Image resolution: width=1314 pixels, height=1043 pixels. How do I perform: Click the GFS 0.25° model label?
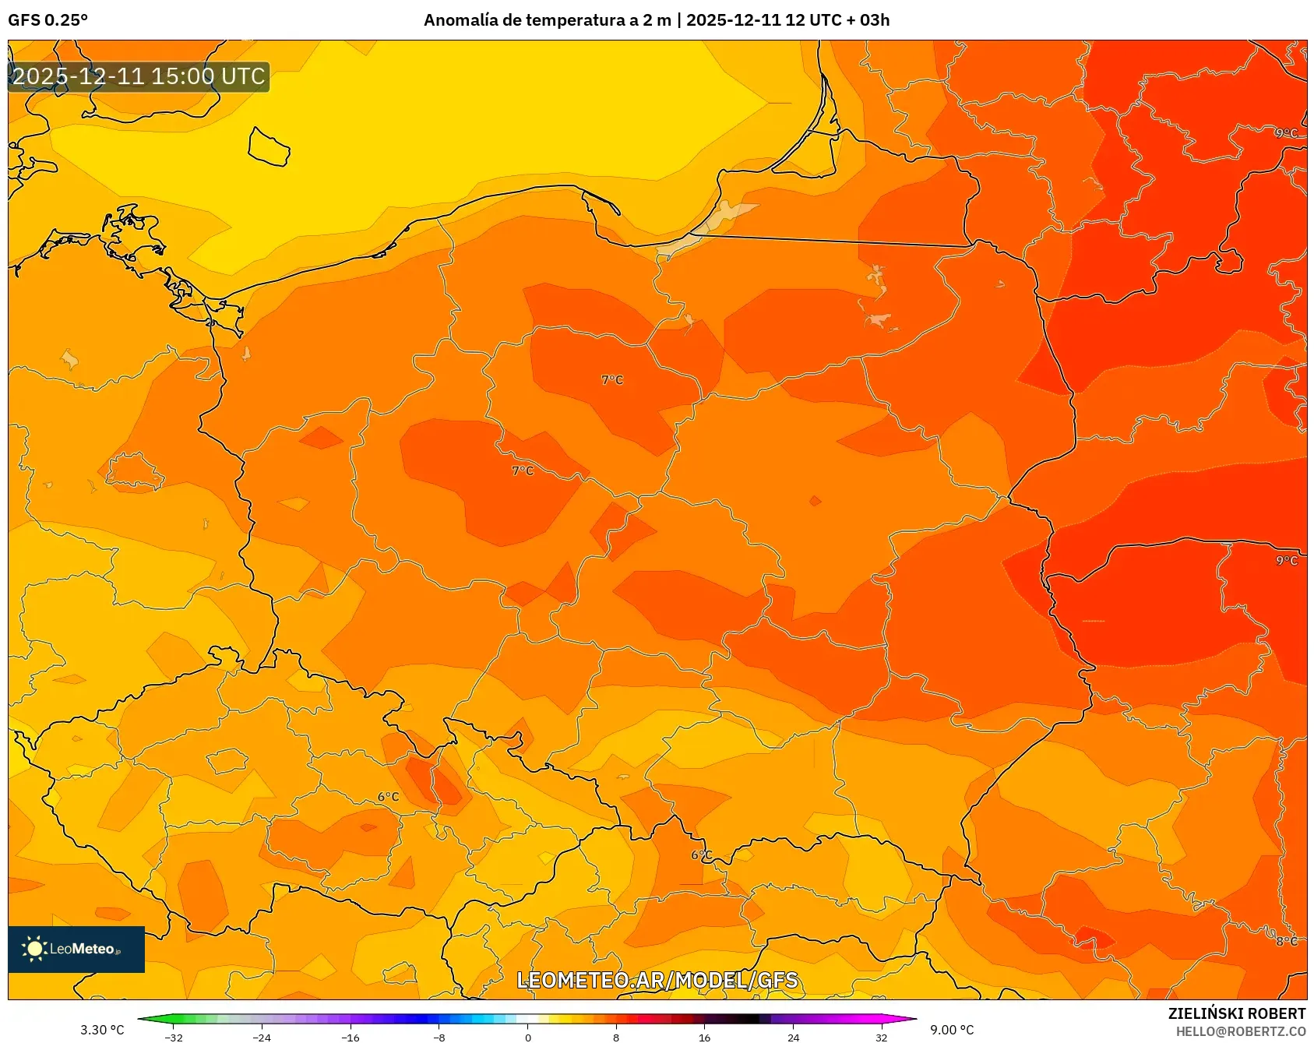(48, 20)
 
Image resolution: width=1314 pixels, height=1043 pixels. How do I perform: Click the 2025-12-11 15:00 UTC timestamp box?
(139, 76)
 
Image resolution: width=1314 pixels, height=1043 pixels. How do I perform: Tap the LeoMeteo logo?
(76, 949)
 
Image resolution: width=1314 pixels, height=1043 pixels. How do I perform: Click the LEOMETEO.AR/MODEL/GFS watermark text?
(657, 980)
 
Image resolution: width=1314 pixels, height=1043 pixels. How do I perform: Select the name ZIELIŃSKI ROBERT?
(1236, 1013)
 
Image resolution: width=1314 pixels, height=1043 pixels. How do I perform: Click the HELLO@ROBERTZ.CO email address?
(1240, 1031)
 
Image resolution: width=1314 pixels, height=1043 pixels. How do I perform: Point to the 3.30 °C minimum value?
(102, 1030)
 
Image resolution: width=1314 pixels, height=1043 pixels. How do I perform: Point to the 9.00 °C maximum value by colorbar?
(952, 1030)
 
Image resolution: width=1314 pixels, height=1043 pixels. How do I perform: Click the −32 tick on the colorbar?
(174, 1037)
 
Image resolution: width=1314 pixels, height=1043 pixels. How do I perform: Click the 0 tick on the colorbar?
(528, 1037)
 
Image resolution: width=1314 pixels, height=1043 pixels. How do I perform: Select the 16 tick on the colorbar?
(704, 1037)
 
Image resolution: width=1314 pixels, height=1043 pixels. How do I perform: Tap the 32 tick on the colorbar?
(881, 1037)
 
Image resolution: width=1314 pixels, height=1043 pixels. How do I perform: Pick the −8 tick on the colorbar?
(439, 1037)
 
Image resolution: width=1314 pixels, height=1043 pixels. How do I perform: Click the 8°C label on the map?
(1286, 941)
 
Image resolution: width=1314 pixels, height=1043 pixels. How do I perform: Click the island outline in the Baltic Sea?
(269, 146)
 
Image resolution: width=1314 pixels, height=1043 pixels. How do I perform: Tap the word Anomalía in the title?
(460, 20)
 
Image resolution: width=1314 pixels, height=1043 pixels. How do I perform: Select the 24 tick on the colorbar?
(793, 1037)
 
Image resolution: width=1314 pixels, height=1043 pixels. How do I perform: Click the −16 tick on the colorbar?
(351, 1037)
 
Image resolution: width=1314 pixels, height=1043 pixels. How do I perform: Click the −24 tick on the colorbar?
(262, 1037)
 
